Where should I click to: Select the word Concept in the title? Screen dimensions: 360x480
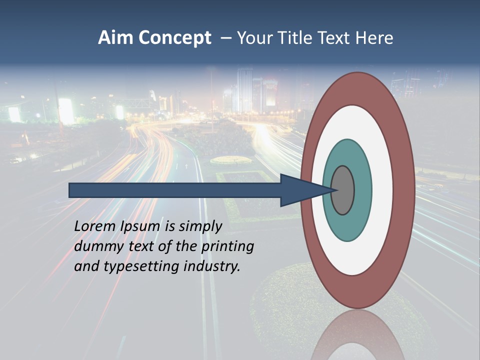point(174,38)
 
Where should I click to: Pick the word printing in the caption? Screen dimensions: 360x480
point(227,247)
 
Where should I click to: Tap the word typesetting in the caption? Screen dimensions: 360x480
point(142,267)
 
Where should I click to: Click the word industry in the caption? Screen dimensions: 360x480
point(212,266)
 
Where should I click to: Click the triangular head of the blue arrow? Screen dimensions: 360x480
point(300,190)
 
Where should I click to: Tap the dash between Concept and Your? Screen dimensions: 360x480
point(226,38)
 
